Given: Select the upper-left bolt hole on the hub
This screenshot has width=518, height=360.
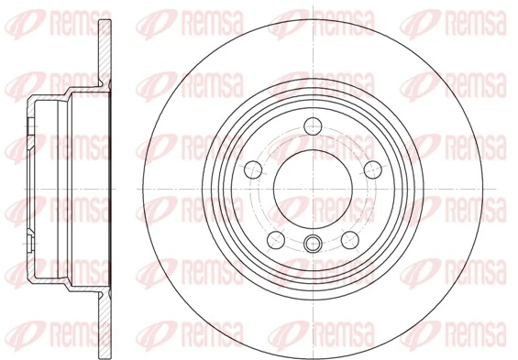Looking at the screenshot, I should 252,168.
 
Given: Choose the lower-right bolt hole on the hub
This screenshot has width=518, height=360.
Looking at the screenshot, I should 349,239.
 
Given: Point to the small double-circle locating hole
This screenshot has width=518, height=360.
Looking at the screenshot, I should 312,243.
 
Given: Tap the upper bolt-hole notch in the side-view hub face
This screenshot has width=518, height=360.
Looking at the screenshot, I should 29,123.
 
